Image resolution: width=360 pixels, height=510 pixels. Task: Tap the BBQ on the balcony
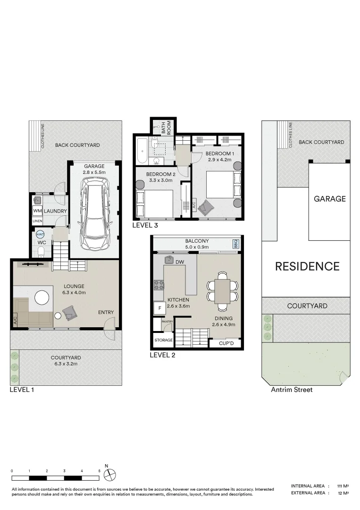236,244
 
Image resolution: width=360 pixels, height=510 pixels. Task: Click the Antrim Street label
291,390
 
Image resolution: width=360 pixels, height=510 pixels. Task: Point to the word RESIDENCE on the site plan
307,266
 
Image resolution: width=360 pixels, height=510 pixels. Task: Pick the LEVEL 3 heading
145,226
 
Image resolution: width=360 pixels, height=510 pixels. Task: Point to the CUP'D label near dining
226,343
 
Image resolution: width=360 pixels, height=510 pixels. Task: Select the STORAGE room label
163,340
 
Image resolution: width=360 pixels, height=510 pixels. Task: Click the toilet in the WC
41,251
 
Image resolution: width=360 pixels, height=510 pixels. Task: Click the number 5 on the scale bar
100,471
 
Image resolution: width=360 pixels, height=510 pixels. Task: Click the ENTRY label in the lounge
106,312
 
